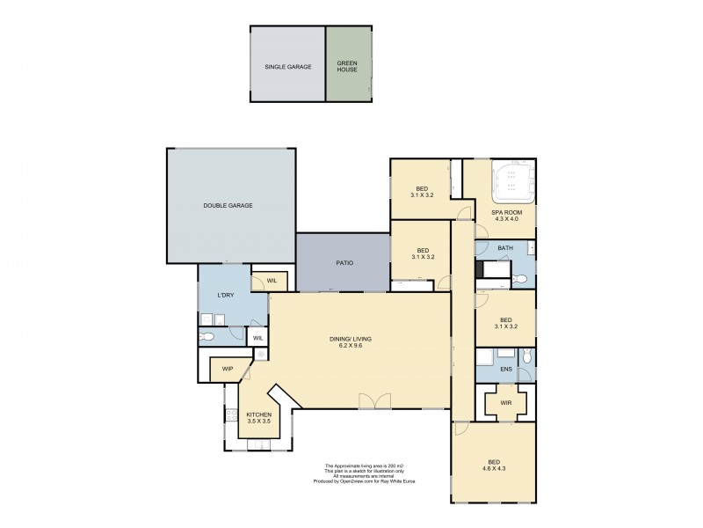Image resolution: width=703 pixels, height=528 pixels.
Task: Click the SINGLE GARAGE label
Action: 287,66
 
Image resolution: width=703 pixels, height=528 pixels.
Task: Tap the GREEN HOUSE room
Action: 349,66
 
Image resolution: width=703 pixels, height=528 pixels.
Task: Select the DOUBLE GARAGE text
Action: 228,205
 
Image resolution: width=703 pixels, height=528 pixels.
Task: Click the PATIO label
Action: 344,262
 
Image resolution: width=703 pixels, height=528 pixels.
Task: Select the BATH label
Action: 505,248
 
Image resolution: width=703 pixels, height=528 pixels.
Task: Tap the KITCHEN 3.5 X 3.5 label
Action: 258,419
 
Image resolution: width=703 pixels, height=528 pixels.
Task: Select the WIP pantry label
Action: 227,370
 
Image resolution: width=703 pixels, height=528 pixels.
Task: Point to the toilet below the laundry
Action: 207,337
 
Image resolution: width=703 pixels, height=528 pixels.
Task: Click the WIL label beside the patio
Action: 272,282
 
